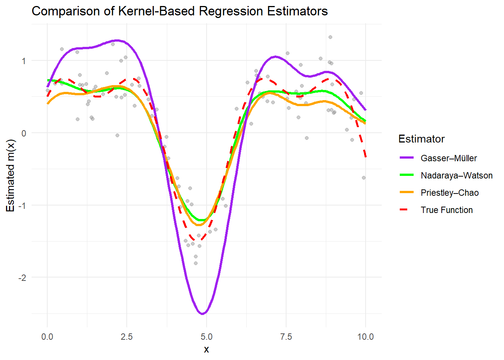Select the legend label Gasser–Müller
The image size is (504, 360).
pyautogui.click(x=448, y=158)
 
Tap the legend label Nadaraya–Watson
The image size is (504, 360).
pyautogui.click(x=456, y=175)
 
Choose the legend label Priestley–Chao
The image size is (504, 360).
pyautogui.click(x=449, y=193)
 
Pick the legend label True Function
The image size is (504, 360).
pyautogui.click(x=446, y=210)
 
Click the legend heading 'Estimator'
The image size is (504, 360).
pyautogui.click(x=421, y=139)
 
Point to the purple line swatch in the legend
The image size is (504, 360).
pyautogui.click(x=406, y=158)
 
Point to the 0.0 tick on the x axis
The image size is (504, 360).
pyautogui.click(x=47, y=337)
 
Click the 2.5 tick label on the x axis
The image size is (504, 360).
pyautogui.click(x=127, y=337)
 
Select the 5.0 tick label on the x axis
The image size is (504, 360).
pyautogui.click(x=206, y=337)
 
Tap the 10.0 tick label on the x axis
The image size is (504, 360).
pyautogui.click(x=365, y=337)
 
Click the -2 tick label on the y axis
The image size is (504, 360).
pyautogui.click(x=23, y=277)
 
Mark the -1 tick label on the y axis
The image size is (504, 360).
pyautogui.click(x=23, y=205)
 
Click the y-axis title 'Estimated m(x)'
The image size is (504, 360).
pyautogui.click(x=10, y=176)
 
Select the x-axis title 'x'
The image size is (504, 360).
pyautogui.click(x=206, y=349)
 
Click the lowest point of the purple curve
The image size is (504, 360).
pyautogui.click(x=202, y=314)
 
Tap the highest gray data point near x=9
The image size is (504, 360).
pyautogui.click(x=330, y=37)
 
